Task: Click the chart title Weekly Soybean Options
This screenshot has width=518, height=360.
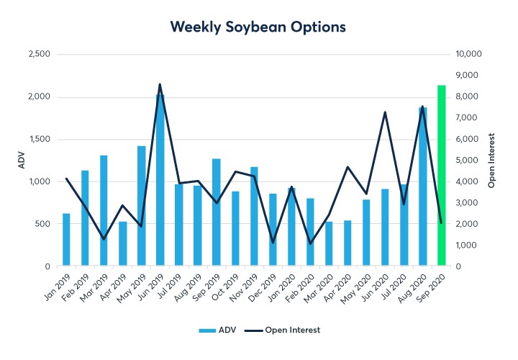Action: pos(258,27)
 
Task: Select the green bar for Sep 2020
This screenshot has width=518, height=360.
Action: pos(441,176)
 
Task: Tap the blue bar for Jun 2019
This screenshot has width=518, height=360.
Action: pos(160,180)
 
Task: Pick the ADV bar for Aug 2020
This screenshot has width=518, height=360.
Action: pos(422,187)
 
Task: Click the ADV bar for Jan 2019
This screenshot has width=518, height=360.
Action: pos(66,240)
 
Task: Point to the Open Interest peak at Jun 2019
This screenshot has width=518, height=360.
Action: pos(160,84)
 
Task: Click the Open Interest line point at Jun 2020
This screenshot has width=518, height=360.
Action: pos(385,112)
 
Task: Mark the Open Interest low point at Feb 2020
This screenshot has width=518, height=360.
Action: pos(310,243)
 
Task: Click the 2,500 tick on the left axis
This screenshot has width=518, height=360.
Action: pos(39,55)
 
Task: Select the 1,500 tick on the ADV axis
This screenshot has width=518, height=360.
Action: pos(39,140)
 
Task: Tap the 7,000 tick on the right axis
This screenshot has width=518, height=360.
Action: pos(468,118)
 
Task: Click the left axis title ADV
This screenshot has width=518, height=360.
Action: pos(21,160)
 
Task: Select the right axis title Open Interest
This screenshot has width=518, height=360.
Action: pos(493,160)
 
